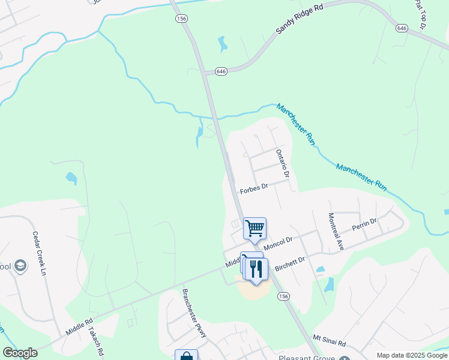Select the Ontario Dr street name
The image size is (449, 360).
[x=283, y=163]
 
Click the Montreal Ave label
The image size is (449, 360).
[x=336, y=231]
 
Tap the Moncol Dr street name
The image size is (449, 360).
[x=278, y=242]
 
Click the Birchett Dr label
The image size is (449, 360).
[x=290, y=264]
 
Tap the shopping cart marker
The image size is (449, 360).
[x=255, y=228]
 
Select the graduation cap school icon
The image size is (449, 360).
[x=20, y=266]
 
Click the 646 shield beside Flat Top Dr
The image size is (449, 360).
[x=402, y=28]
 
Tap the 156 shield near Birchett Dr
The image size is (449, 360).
[x=283, y=296]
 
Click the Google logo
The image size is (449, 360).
[x=20, y=353]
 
